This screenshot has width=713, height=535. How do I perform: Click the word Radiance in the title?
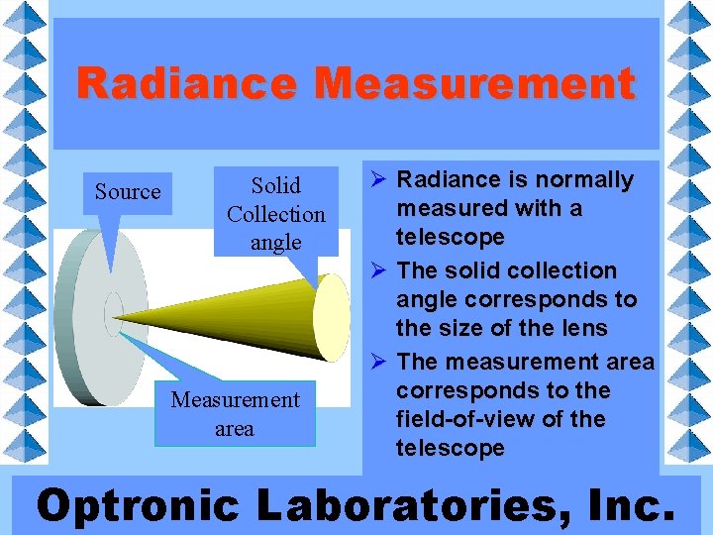pos(186,83)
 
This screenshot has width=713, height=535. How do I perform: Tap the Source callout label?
pos(127,191)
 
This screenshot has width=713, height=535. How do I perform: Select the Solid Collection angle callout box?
pos(275,214)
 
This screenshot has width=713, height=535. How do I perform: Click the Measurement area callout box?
pos(235,414)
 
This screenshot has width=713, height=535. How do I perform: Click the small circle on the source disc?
pos(114,308)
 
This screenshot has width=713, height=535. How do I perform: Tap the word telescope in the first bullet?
pos(451,237)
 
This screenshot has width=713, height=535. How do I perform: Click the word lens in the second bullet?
pos(585,328)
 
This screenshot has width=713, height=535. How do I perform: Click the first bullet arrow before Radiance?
pos(376,180)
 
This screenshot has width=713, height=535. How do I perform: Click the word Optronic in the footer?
pos(137,505)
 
